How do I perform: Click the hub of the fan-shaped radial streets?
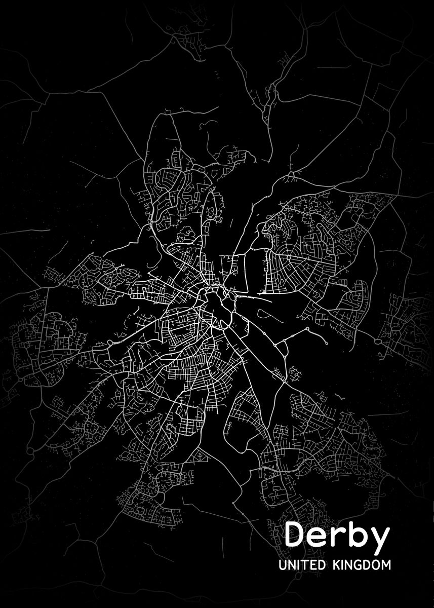(x=288, y=257)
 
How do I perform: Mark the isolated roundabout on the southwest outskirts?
(x=31, y=450)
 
